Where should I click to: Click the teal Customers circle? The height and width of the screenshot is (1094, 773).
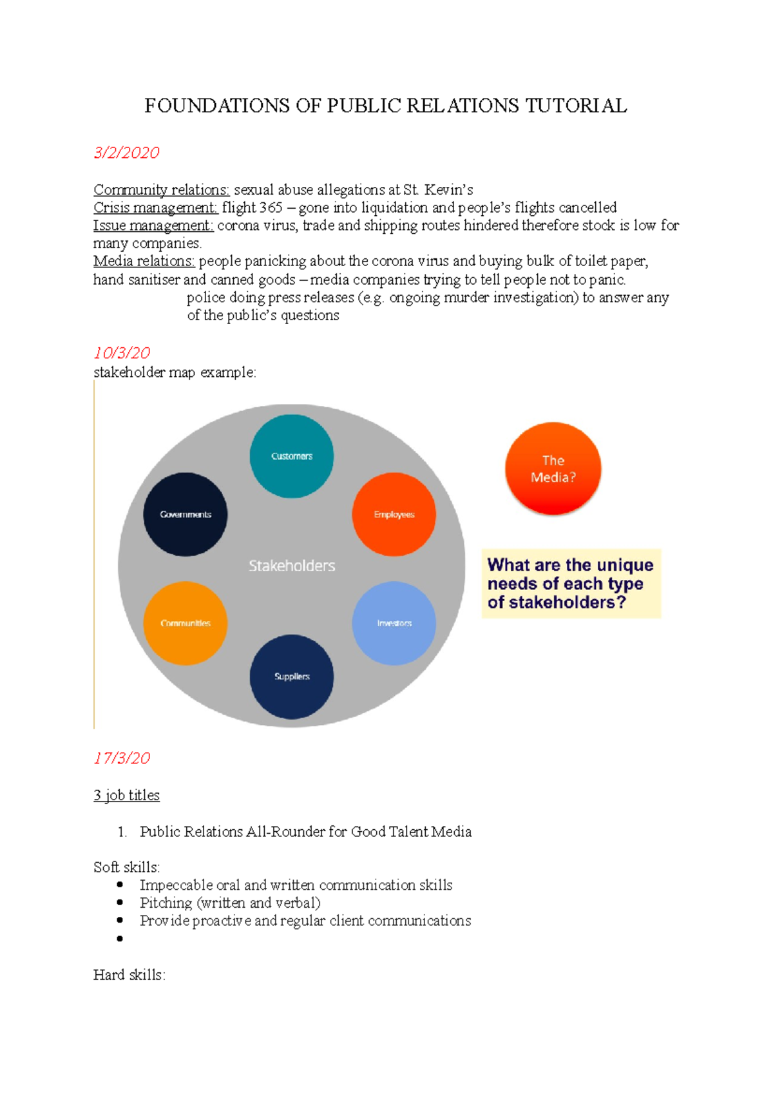[x=292, y=456]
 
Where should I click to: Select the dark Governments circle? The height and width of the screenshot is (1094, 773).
[x=186, y=514]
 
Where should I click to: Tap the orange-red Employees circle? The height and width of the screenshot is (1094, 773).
[x=394, y=514]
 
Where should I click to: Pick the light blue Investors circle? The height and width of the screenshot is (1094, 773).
[x=394, y=623]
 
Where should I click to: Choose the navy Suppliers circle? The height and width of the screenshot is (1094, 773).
[x=292, y=677]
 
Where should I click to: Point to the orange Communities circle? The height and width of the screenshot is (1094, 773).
[x=186, y=623]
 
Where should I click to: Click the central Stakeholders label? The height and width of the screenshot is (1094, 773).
[x=292, y=566]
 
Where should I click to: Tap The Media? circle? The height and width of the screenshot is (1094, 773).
[x=553, y=468]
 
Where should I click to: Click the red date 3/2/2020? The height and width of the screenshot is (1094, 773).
[x=126, y=153]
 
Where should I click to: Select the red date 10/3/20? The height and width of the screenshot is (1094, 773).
[x=122, y=353]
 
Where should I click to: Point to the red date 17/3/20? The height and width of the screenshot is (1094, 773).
[x=122, y=758]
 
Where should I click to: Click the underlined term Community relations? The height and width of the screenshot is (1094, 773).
[x=161, y=190]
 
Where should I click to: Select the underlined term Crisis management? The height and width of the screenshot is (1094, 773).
[x=155, y=207]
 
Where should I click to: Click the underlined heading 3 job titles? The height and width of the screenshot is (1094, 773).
[x=126, y=795]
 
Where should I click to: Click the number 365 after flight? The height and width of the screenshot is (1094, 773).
[x=270, y=207]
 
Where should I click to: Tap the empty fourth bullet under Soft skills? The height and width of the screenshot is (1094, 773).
[x=120, y=939]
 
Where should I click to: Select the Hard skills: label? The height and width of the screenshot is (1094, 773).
[x=129, y=975]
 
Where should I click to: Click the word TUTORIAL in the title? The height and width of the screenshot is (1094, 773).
[x=576, y=106]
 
